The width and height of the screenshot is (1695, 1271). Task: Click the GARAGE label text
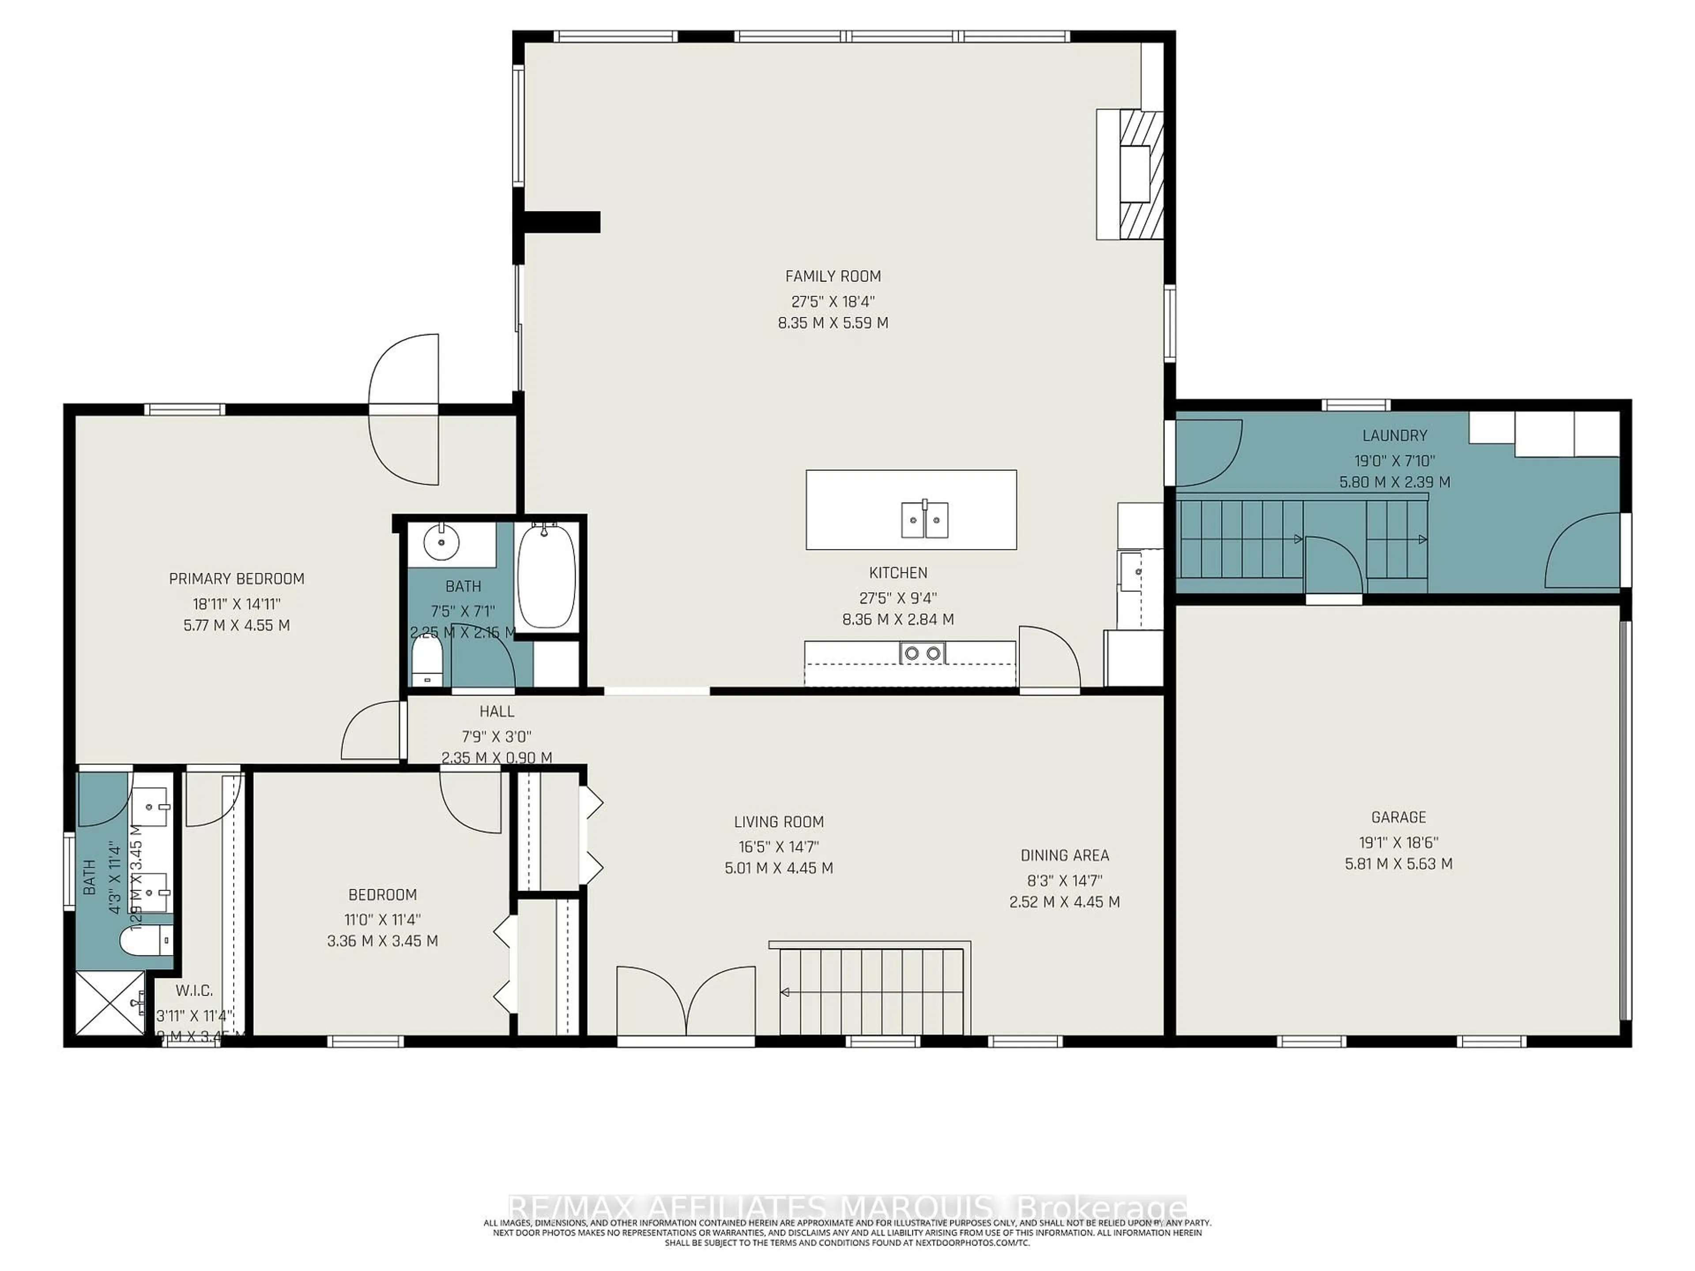tap(1398, 817)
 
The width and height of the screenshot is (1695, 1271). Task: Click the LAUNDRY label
tap(1394, 435)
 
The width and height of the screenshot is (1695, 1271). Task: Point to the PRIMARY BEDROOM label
tap(236, 579)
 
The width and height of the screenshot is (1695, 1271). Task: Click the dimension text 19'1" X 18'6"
tap(1398, 842)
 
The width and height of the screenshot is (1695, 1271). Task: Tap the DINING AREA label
tap(1064, 855)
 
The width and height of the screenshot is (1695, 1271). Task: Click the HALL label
tap(497, 711)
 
